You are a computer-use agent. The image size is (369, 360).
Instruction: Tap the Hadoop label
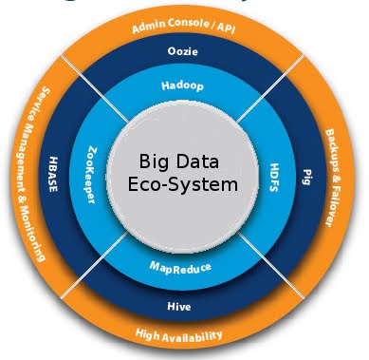click(x=182, y=85)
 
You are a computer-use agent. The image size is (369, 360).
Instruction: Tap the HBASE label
click(x=54, y=178)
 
